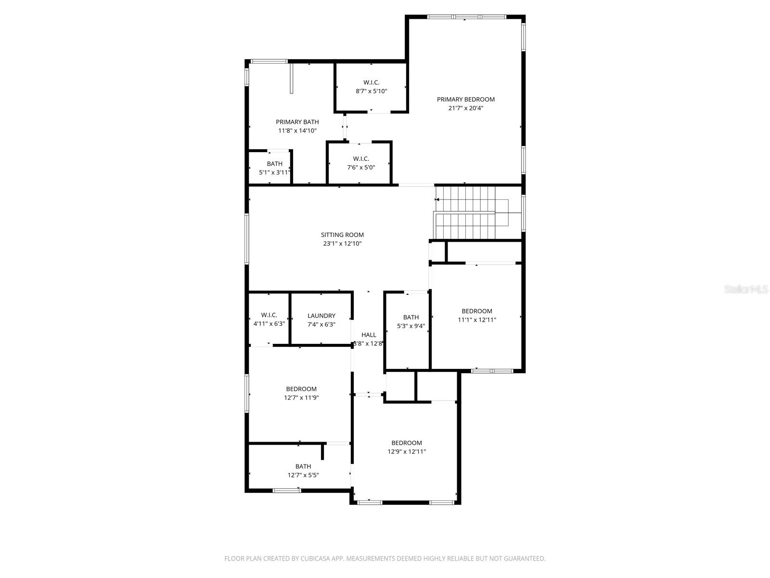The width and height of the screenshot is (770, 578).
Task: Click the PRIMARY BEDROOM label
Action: (x=465, y=99)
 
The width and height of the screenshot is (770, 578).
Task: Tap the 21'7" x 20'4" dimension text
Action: (x=465, y=108)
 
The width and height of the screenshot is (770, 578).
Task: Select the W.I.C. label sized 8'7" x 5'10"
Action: (x=371, y=82)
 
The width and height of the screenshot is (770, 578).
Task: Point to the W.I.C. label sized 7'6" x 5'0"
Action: (x=361, y=159)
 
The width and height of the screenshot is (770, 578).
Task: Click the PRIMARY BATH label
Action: (x=297, y=122)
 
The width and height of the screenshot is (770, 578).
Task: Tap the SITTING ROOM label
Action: (x=342, y=235)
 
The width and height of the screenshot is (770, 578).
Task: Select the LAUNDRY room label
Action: (x=321, y=316)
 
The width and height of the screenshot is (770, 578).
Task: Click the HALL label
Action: (x=369, y=335)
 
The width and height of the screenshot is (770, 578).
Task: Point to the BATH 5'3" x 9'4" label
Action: (x=411, y=317)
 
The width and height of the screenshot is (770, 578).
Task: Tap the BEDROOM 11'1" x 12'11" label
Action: (x=476, y=311)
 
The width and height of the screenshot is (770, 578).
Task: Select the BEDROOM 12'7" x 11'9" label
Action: (x=301, y=389)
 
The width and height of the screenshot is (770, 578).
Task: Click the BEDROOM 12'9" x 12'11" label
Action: (x=406, y=443)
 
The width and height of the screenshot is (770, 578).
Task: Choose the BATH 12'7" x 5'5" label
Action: (x=303, y=466)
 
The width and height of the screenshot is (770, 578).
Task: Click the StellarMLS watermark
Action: (x=746, y=289)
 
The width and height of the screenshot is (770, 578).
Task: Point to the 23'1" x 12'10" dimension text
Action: (x=342, y=244)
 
